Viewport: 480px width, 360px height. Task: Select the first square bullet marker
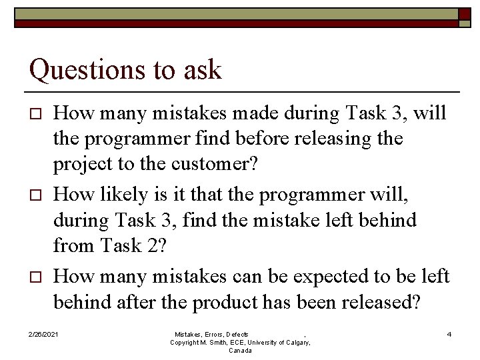coord(37,114)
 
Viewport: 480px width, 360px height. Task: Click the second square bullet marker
coord(37,195)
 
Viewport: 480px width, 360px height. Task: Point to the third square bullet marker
coord(37,277)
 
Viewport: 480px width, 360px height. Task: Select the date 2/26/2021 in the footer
coord(43,334)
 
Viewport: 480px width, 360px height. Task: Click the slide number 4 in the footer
coord(449,334)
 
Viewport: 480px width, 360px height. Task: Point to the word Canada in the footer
coord(240,351)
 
